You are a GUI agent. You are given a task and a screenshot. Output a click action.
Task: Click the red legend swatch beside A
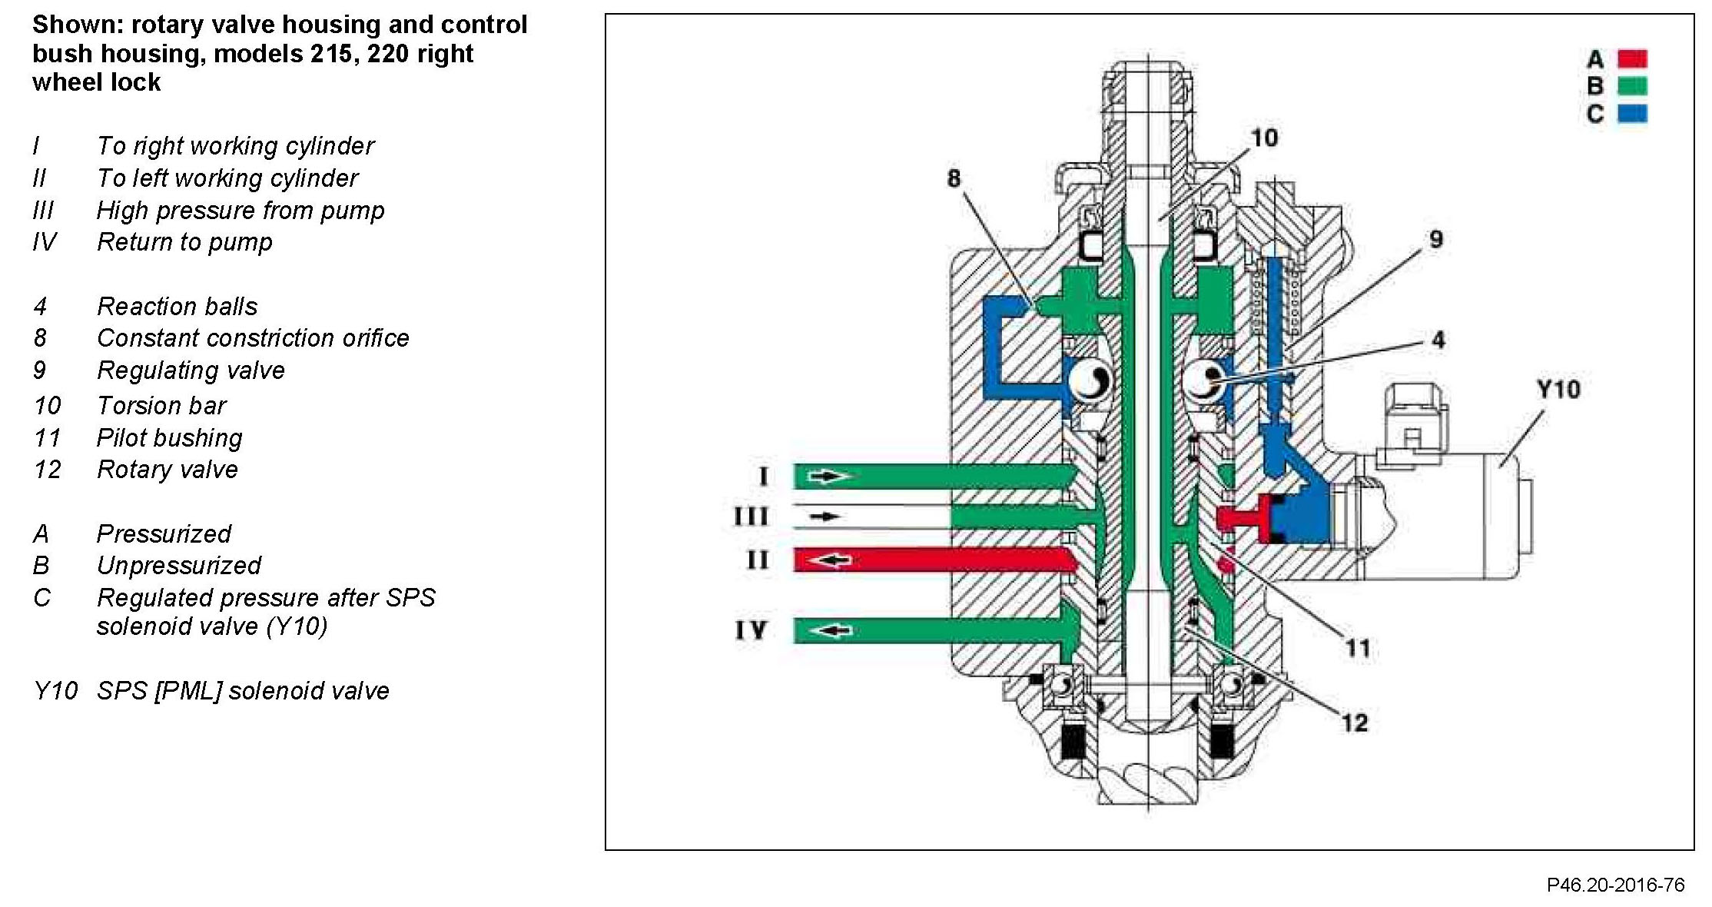point(1632,58)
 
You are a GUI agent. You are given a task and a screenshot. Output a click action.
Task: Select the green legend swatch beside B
point(1632,86)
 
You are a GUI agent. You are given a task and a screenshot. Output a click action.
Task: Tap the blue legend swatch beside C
point(1632,114)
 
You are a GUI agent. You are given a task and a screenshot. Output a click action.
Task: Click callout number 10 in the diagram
point(1264,138)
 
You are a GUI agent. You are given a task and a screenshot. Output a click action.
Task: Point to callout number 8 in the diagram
point(954,178)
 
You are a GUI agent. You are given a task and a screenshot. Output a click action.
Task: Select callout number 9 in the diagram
point(1435,239)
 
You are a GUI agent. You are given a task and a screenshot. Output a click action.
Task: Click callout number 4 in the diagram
point(1438,340)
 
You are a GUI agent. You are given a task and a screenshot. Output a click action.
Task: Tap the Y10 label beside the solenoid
point(1558,389)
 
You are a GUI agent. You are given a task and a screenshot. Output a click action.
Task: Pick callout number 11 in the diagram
point(1358,648)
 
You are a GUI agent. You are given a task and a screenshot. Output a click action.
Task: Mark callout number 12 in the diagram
point(1355,723)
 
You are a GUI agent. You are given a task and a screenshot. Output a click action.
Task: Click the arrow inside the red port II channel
point(831,560)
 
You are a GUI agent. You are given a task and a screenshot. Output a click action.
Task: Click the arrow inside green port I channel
point(831,477)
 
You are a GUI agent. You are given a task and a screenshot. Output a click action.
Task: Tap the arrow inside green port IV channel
point(831,631)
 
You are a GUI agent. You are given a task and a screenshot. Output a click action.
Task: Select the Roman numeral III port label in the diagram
point(751,517)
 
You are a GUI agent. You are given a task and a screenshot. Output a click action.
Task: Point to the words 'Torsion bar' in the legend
point(161,405)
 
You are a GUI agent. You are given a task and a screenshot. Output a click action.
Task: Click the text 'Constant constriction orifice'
point(253,338)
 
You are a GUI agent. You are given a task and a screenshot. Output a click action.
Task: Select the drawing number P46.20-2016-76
point(1615,885)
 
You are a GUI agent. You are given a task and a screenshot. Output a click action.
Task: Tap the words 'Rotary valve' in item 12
point(167,470)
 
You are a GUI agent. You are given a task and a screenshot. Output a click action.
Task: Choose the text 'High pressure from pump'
point(240,211)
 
